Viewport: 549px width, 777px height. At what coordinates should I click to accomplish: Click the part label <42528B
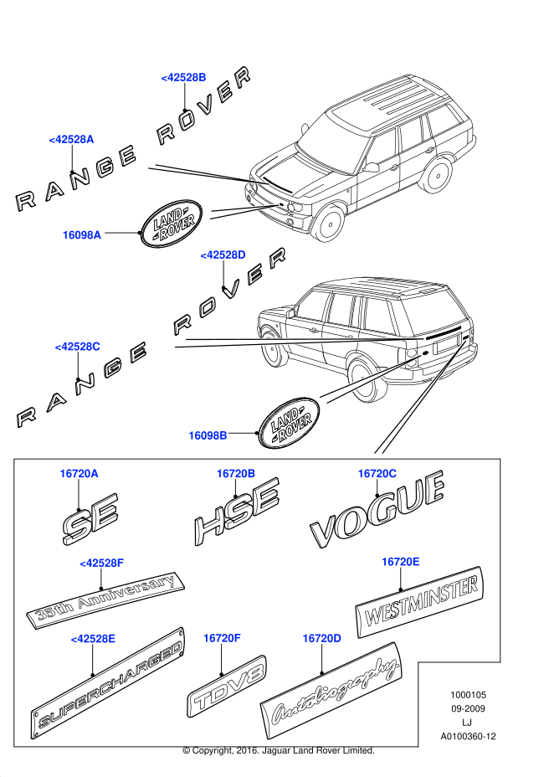(183, 77)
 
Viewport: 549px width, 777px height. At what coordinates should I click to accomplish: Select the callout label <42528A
(71, 139)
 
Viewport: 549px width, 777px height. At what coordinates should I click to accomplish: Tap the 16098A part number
(82, 235)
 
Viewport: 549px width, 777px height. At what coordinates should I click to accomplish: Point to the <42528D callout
(223, 254)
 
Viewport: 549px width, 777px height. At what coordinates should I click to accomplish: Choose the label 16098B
(208, 435)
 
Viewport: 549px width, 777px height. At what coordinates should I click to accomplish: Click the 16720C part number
(377, 474)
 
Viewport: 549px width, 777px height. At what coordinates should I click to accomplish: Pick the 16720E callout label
(400, 561)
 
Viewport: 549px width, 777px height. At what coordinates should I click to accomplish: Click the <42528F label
(101, 563)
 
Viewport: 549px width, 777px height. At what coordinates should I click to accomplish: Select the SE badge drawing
(90, 517)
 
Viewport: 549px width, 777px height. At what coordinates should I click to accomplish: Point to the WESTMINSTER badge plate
(419, 603)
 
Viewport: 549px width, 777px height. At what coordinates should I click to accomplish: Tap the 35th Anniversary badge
(107, 599)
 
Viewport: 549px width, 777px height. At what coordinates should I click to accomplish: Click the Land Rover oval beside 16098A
(172, 223)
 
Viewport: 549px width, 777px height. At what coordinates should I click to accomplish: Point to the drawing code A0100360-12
(469, 736)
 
